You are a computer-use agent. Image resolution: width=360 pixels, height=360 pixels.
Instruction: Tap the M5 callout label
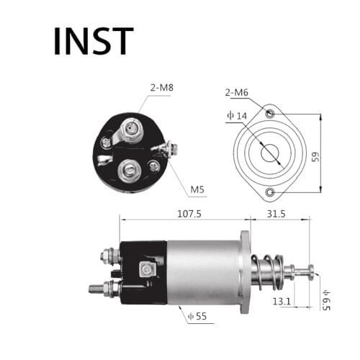pyautogui.click(x=197, y=190)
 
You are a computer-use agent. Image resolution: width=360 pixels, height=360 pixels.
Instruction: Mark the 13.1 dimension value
pyautogui.click(x=282, y=302)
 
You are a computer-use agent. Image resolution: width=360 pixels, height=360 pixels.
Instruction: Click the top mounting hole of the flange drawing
pyautogui.click(x=270, y=114)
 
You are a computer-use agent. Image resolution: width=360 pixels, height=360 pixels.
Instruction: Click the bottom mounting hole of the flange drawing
pyautogui.click(x=270, y=192)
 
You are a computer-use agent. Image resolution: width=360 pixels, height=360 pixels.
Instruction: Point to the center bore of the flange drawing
pyautogui.click(x=270, y=153)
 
